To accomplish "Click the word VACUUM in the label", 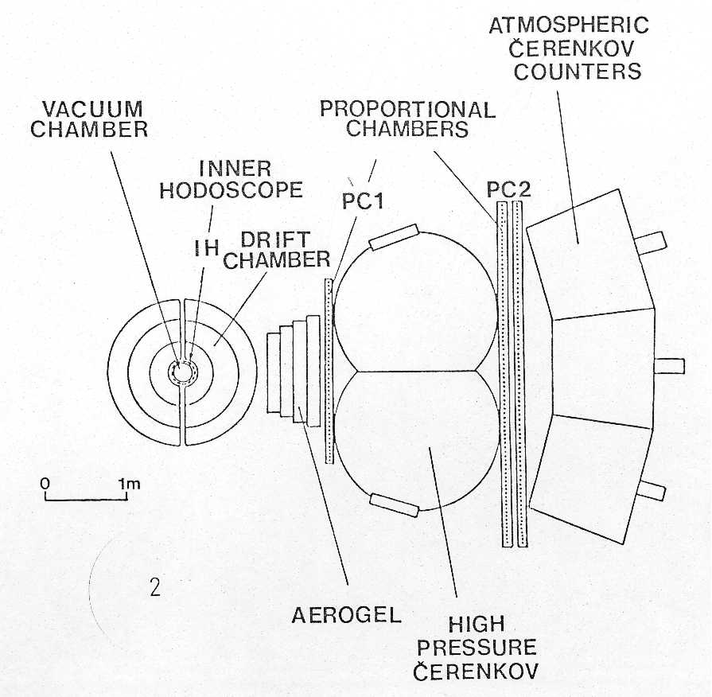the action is click(x=92, y=110).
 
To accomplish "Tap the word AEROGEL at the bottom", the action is click(x=347, y=615).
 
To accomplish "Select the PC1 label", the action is click(x=364, y=201).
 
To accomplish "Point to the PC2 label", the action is click(x=508, y=189).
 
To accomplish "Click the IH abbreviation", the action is click(x=207, y=248).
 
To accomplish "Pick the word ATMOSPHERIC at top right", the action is click(x=569, y=25).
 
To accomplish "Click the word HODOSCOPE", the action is click(x=231, y=190).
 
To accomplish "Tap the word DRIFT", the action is click(x=275, y=239).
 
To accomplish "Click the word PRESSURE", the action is click(x=477, y=648).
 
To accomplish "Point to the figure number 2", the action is click(x=155, y=587).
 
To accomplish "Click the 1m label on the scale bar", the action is click(x=130, y=484).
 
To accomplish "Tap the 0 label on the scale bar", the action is click(x=45, y=483).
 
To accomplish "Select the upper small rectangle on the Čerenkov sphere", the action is click(x=394, y=237).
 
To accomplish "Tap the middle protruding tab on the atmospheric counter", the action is click(x=669, y=365).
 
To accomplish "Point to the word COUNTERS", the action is click(x=578, y=72).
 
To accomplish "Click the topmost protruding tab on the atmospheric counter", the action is click(x=650, y=242).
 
